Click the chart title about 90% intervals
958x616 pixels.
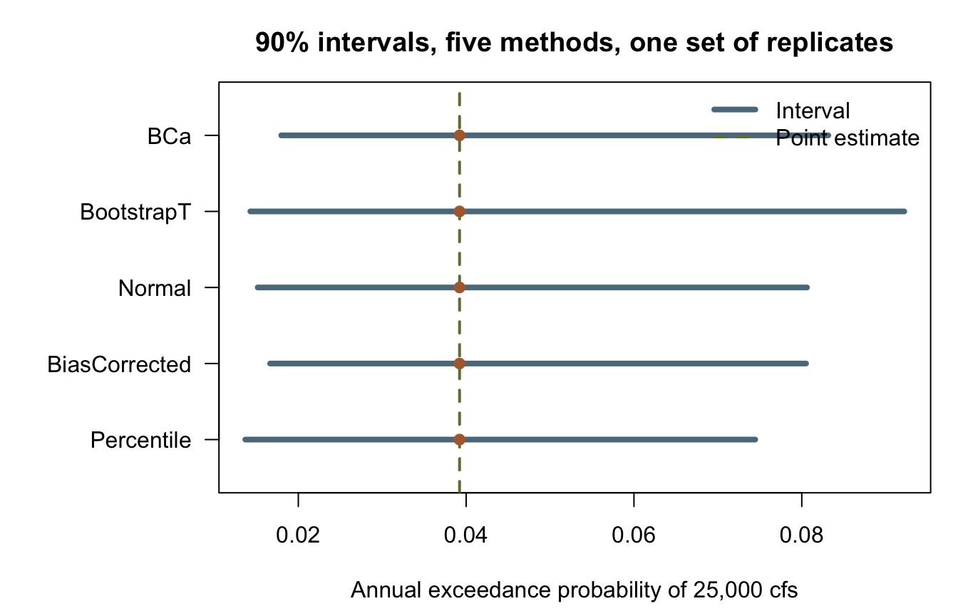574,43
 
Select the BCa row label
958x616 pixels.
169,137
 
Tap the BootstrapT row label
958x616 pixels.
135,212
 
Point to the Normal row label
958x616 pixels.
155,288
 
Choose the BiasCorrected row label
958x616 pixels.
119,364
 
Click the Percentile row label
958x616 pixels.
140,440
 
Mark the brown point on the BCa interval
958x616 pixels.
459,135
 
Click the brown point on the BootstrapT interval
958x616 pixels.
459,211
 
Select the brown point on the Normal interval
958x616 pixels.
459,287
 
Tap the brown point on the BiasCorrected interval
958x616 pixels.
459,364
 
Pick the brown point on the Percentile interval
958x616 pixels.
459,439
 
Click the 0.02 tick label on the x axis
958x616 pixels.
298,535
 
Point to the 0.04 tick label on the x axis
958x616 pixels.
465,535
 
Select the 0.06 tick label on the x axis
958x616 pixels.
634,535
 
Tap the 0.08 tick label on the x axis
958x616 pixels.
801,535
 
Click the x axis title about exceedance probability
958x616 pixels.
574,590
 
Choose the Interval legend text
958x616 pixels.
813,111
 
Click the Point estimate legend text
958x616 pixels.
848,138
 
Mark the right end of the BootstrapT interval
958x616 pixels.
905,211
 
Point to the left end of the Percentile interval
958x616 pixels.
244,439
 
